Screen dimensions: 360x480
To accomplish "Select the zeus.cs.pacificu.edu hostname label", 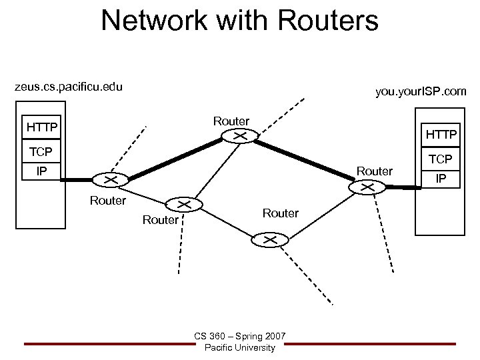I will (69, 87).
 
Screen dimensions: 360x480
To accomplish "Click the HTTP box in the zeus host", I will (41, 126).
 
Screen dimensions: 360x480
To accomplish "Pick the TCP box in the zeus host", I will (41, 151).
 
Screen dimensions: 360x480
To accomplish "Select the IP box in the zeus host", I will (41, 171).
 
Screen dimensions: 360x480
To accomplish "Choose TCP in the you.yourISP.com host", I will (441, 160).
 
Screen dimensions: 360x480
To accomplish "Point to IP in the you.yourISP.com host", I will (441, 179).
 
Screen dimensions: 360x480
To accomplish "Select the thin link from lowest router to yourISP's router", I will (318, 213).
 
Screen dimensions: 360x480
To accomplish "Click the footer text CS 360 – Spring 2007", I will (240, 337).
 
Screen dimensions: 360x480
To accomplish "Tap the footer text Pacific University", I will (240, 348).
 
